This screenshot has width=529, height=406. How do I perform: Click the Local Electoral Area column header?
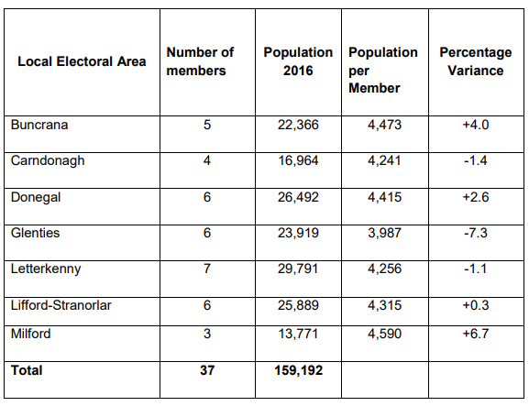tap(82, 61)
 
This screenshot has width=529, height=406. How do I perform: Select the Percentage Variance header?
tap(475, 61)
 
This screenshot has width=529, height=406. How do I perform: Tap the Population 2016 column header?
tap(298, 61)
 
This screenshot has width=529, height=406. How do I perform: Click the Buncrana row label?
tap(39, 125)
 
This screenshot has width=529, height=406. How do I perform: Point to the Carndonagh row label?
tap(48, 161)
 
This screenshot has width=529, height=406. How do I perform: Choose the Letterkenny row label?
tap(46, 269)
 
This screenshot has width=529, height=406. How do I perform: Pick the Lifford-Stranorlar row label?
tap(61, 305)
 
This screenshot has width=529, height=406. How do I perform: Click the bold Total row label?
tap(27, 370)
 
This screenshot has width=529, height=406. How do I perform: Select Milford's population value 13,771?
tap(298, 334)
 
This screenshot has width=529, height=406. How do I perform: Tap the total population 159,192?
tap(299, 370)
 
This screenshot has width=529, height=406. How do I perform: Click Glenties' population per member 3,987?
tap(385, 233)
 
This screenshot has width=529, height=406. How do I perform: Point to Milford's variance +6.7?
tap(476, 334)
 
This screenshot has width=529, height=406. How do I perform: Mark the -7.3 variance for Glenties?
tap(476, 233)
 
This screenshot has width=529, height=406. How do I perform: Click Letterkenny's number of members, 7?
tap(207, 269)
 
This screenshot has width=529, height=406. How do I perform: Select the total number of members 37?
tap(207, 370)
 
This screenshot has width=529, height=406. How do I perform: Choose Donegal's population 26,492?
tap(298, 197)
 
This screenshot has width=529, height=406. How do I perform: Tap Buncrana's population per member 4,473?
tap(385, 125)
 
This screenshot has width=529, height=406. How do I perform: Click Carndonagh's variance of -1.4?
tap(476, 160)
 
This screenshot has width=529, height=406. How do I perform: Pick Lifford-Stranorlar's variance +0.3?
tap(476, 305)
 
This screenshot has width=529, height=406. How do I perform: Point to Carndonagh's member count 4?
tap(207, 160)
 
